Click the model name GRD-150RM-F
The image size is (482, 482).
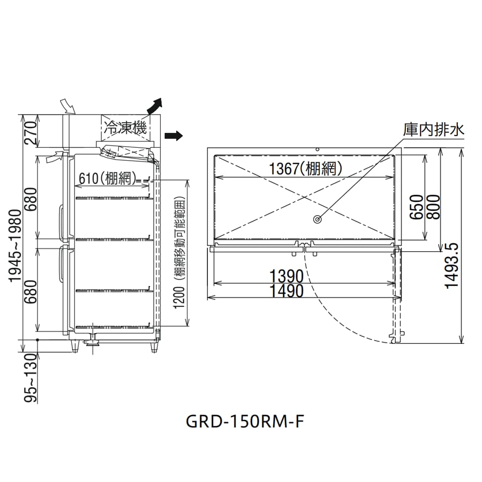(x=245, y=421)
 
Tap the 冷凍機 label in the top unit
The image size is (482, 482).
(x=125, y=127)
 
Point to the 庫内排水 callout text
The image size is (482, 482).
(x=434, y=130)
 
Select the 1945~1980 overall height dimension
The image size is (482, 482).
(x=15, y=246)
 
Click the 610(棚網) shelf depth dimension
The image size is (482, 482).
(x=108, y=178)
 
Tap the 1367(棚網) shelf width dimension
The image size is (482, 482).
(x=306, y=169)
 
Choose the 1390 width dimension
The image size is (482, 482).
(x=286, y=276)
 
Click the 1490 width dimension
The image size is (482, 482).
(x=286, y=291)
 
